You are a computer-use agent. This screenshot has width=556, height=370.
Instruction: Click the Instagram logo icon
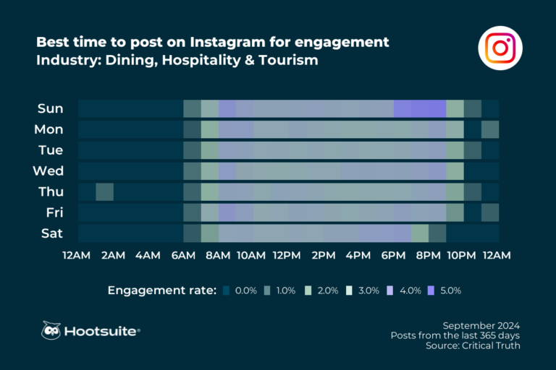pyautogui.click(x=500, y=48)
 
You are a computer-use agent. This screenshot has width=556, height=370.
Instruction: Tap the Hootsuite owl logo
pyautogui.click(x=51, y=330)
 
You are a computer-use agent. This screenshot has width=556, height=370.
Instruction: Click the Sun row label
pyautogui.click(x=50, y=109)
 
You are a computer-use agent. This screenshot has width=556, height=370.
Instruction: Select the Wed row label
pyautogui.click(x=49, y=171)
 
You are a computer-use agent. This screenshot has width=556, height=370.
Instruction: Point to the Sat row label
pyautogui.click(x=51, y=233)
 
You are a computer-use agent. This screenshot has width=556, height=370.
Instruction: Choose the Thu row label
pyautogui.click(x=50, y=192)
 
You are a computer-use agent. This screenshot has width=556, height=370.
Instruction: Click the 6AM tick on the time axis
pyautogui.click(x=183, y=256)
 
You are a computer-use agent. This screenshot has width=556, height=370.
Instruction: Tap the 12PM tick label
pyautogui.click(x=287, y=256)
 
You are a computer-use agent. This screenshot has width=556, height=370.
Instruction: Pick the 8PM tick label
pyautogui.click(x=429, y=256)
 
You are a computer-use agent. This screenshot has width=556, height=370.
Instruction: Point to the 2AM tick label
pyautogui.click(x=113, y=256)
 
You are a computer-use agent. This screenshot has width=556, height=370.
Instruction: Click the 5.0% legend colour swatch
pyautogui.click(x=434, y=291)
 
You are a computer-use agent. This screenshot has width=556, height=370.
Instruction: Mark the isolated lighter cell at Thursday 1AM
pyautogui.click(x=104, y=192)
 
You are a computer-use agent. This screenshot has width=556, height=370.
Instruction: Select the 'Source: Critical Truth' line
pyautogui.click(x=473, y=346)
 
